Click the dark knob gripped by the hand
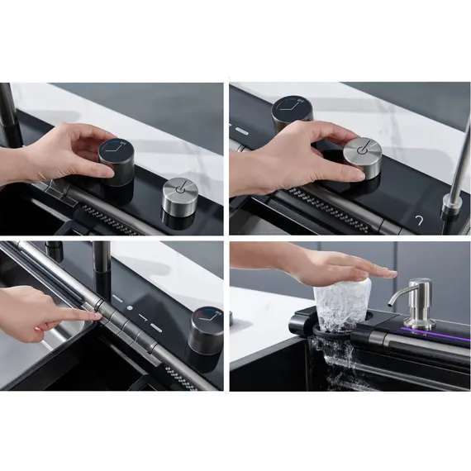[117, 162]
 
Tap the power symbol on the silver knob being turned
[361, 148]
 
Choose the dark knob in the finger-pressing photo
[206, 329]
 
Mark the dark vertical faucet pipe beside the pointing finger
[102, 269]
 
